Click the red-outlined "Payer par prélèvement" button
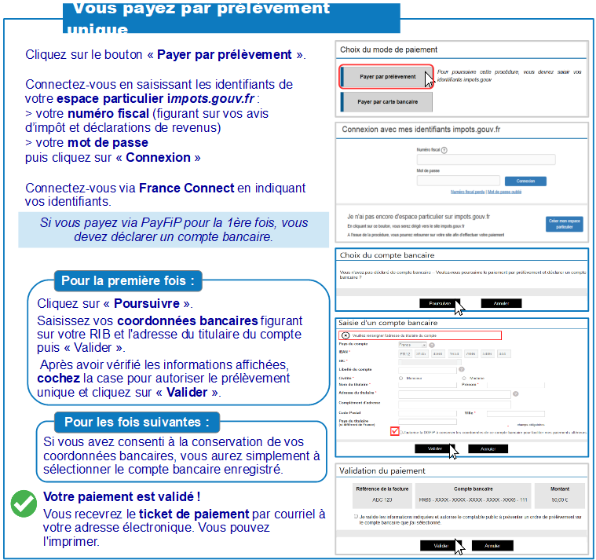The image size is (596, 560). pos(386,77)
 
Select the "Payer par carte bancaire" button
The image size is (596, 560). pos(386,102)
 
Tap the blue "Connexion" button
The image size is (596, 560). pos(525,181)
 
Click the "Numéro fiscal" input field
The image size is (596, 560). pos(485,159)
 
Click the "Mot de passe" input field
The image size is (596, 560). pos(459,181)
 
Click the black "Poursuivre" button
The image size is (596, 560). pos(439,302)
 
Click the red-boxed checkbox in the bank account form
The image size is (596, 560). pos(394,431)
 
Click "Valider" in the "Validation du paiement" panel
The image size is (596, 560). pos(439,545)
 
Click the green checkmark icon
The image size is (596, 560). pos(24,504)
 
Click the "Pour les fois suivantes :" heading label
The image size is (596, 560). pos(137,422)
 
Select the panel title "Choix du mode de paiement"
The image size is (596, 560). pos(388,49)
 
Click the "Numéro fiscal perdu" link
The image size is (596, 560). pos(467,192)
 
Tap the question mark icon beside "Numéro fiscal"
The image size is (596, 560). pos(444,149)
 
